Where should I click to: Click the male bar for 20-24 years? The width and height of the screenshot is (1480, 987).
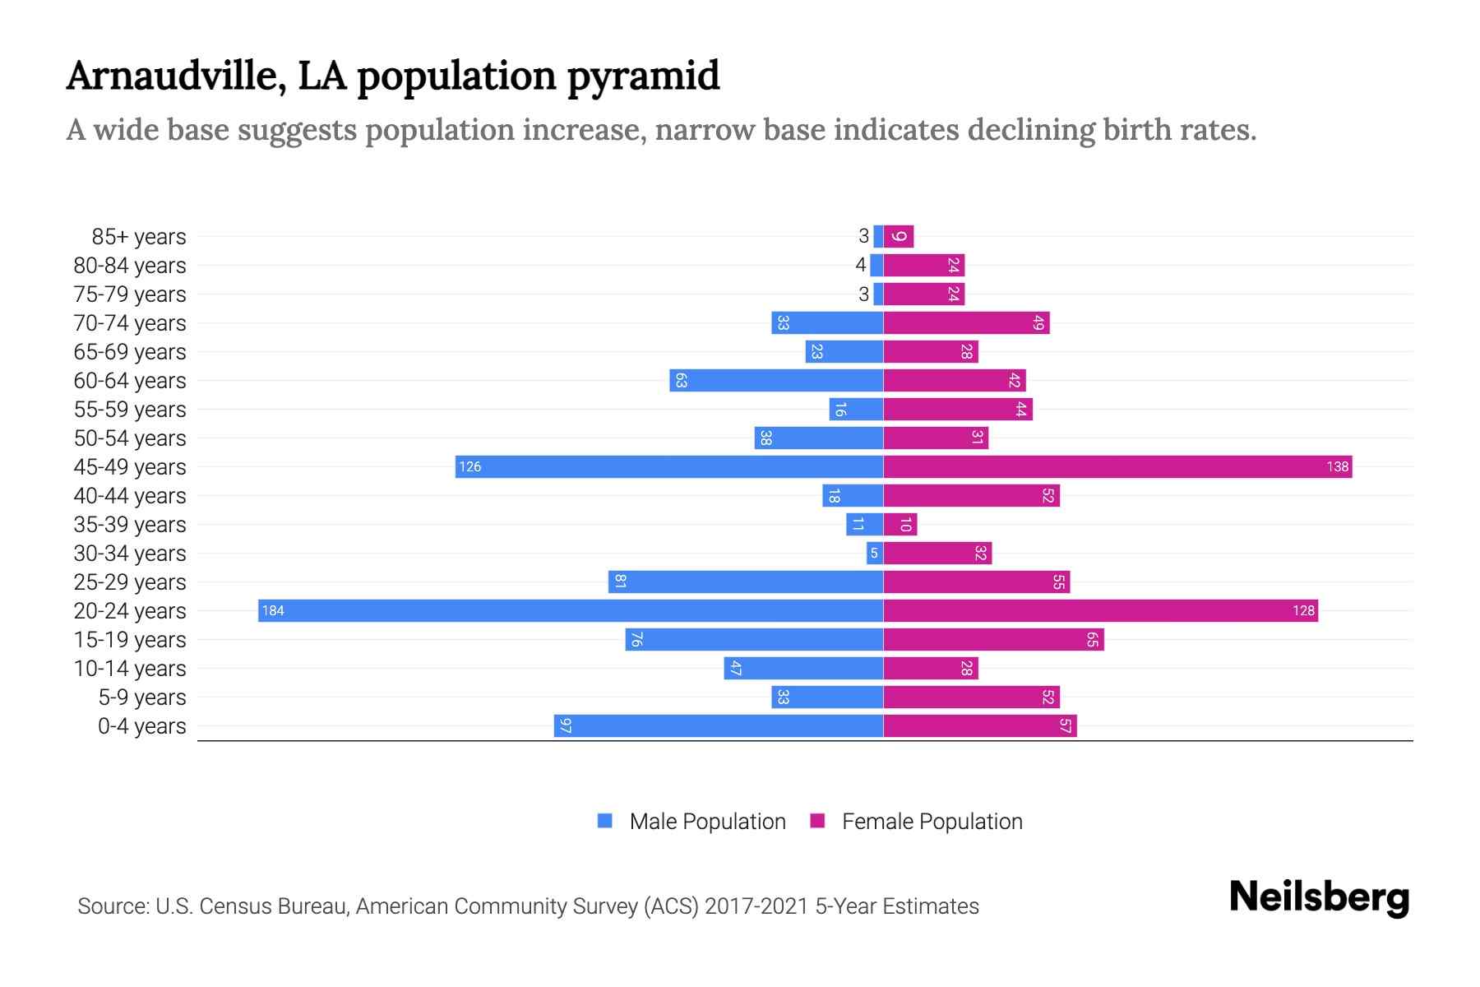[571, 610]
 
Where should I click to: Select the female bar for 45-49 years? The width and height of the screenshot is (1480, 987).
[1117, 466]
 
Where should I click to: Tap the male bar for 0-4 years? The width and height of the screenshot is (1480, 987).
[719, 725]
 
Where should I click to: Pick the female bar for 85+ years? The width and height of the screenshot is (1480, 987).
[899, 236]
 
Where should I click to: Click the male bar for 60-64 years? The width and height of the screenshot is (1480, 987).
[776, 380]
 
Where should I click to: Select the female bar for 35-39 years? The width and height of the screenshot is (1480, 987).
[900, 524]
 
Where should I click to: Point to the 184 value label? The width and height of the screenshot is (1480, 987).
[273, 610]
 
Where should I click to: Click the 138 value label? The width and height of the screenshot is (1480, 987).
[1337, 466]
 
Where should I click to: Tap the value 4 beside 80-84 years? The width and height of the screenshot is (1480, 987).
[860, 265]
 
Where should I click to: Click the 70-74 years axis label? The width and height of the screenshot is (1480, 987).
[130, 322]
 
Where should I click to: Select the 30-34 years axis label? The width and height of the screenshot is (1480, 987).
[130, 553]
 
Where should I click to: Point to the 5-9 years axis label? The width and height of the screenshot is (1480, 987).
[142, 697]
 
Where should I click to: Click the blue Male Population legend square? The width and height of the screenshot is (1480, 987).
[605, 821]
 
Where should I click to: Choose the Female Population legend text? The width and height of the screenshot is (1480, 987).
[932, 821]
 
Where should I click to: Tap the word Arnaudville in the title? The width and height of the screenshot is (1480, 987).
[176, 76]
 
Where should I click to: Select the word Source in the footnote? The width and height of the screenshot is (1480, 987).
[112, 906]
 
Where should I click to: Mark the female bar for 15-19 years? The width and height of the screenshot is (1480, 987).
[993, 639]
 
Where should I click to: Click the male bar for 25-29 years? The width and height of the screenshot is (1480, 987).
[746, 582]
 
